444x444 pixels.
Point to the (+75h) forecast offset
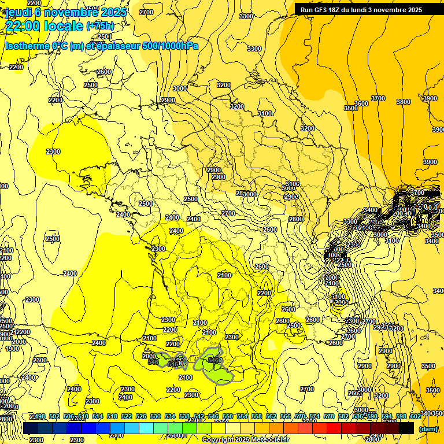tap(100, 26)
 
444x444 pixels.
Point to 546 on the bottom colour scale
tap(213, 416)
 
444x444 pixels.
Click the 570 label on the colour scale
tap(300, 416)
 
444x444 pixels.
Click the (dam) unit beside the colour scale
tap(428, 428)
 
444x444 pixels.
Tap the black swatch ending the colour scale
tap(406, 428)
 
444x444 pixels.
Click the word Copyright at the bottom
tap(218, 440)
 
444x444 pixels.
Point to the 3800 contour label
tap(404, 102)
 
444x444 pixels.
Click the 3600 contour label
tap(361, 103)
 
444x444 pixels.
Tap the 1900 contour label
tap(12, 349)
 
